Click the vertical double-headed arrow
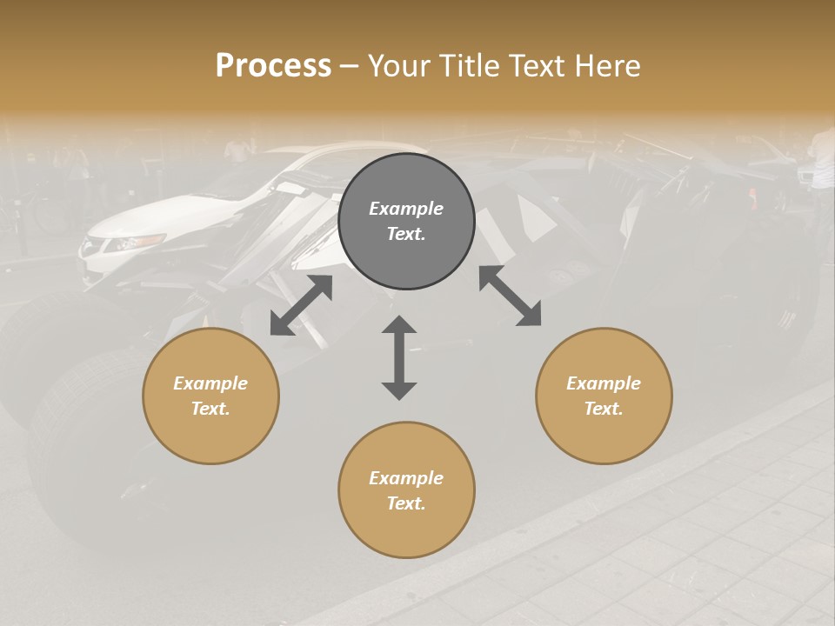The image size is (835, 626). (x=399, y=357)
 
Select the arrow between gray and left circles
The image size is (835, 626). (x=301, y=305)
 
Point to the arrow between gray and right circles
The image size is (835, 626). (x=510, y=296)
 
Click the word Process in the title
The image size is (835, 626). (x=273, y=65)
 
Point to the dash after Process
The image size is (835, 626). (x=350, y=66)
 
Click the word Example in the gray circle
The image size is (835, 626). (x=406, y=209)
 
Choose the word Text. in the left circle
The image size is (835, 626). (x=210, y=409)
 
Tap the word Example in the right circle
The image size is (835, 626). (x=604, y=383)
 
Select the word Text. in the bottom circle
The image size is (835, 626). (x=406, y=503)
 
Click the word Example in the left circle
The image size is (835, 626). (x=210, y=383)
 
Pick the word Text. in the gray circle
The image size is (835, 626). (x=406, y=234)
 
